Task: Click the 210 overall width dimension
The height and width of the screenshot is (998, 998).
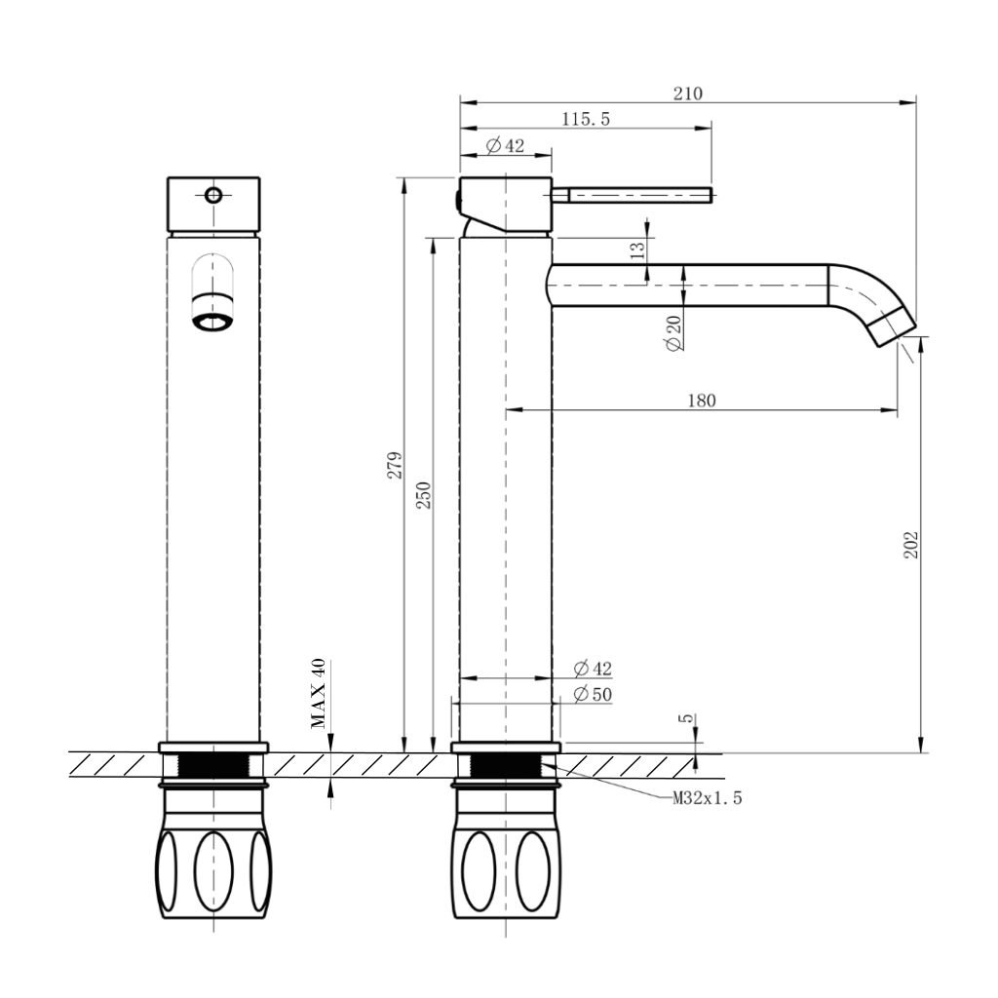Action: [688, 94]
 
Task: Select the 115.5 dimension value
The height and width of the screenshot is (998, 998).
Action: [586, 119]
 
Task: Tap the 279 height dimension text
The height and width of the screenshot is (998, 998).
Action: [395, 465]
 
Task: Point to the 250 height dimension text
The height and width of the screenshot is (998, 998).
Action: [423, 495]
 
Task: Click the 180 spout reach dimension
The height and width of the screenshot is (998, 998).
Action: [702, 401]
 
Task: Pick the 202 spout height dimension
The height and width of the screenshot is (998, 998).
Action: [911, 545]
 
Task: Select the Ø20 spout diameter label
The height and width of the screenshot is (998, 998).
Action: [673, 333]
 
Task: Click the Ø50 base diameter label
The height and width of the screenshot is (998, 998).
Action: [593, 694]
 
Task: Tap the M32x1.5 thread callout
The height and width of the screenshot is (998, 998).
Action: [708, 797]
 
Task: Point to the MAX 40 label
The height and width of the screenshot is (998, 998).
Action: [318, 693]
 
